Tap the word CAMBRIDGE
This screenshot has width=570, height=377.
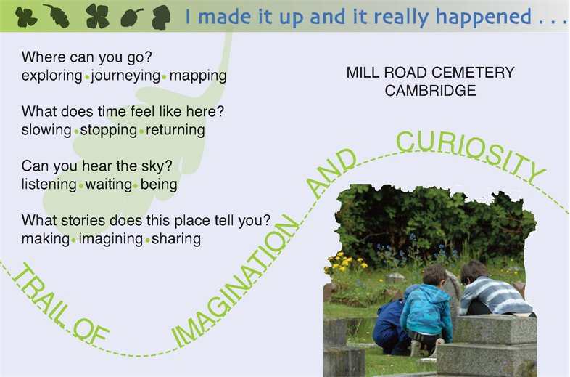tap(431, 91)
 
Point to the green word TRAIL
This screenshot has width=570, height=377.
tap(39, 295)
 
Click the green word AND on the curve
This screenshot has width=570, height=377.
tap(331, 172)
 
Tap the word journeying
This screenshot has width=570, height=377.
tap(125, 76)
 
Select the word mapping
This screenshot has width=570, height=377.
tap(198, 76)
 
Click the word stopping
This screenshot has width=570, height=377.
tap(108, 131)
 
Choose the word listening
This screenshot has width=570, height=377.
tap(49, 185)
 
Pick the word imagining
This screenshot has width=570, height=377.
tap(111, 239)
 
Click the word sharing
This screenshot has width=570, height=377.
tap(176, 239)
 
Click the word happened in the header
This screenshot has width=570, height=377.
tap(484, 17)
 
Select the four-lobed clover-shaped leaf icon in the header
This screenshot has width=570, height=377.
tap(97, 17)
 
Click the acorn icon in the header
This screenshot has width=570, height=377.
tap(131, 17)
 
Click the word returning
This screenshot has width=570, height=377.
tap(175, 131)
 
